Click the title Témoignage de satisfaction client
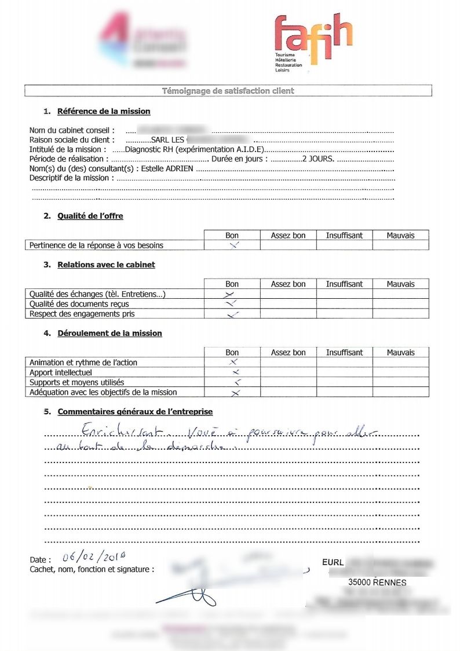click(x=228, y=91)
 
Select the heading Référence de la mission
click(x=104, y=111)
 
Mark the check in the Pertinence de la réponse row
click(x=233, y=245)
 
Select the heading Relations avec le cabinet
click(x=106, y=265)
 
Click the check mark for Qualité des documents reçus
click(x=231, y=303)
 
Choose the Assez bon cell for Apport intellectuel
click(x=288, y=372)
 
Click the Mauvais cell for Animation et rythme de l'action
click(x=400, y=363)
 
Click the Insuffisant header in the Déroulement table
click(x=344, y=352)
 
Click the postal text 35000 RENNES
click(x=377, y=583)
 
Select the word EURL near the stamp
click(x=333, y=562)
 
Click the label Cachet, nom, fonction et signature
click(x=92, y=569)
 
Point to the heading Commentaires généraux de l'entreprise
click(x=135, y=411)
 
